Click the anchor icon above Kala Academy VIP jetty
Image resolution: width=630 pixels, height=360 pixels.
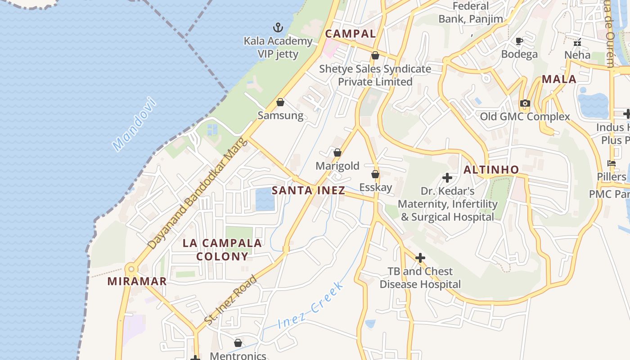point(279,28)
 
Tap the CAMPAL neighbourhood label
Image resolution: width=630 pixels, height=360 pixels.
point(351,34)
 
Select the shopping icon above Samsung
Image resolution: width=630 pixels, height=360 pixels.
point(280,102)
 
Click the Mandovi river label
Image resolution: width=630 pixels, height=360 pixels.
point(135,124)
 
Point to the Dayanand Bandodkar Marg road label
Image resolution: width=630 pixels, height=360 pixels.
point(198,193)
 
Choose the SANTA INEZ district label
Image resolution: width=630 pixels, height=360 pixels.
point(308,190)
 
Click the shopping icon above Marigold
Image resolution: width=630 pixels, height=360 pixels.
point(337,153)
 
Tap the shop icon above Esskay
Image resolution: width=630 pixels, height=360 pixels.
point(375,174)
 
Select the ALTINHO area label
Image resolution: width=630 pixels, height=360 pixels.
point(491,170)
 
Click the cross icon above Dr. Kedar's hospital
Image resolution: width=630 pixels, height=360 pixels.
point(447,178)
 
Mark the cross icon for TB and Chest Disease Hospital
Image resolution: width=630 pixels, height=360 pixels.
point(420,258)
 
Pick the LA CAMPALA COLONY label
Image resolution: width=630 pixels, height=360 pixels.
point(222,250)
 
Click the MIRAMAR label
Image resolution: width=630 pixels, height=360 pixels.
point(137,282)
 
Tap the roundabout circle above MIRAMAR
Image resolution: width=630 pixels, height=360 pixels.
point(131,270)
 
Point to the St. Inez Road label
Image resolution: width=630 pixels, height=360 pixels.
point(230,300)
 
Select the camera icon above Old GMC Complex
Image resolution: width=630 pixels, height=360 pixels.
point(525,103)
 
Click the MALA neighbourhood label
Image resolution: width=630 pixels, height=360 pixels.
point(559,80)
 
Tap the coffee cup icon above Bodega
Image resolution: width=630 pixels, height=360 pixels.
point(519,41)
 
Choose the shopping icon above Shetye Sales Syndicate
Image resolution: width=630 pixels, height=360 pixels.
point(375,55)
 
